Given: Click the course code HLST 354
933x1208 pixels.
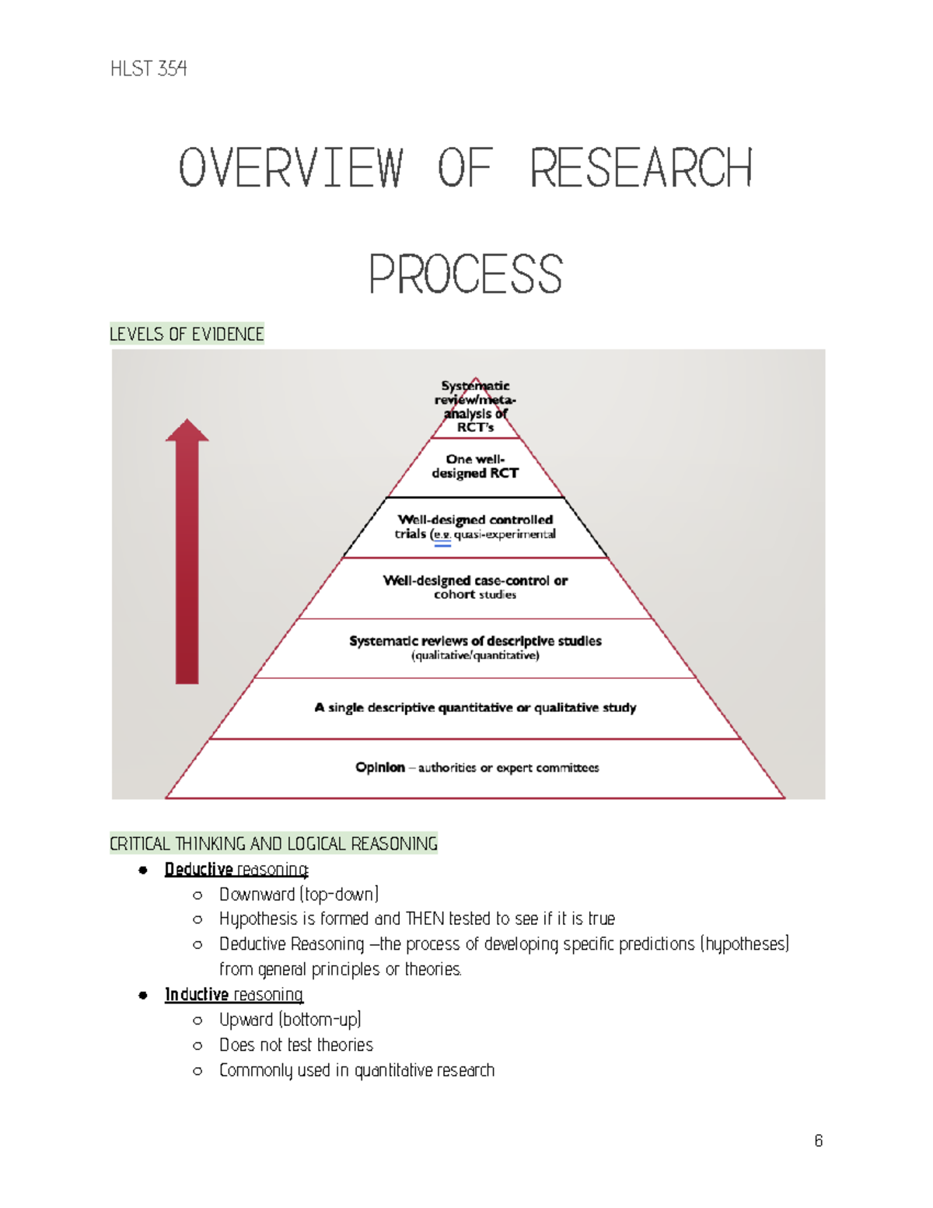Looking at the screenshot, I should (x=149, y=69).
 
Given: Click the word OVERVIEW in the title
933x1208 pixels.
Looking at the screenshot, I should (x=291, y=168).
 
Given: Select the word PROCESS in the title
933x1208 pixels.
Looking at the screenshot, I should (x=465, y=275).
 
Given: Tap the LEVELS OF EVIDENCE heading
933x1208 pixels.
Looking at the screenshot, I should (x=187, y=334).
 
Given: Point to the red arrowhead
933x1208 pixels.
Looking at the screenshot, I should (x=187, y=430).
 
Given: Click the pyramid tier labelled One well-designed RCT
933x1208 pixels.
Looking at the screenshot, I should (x=475, y=466).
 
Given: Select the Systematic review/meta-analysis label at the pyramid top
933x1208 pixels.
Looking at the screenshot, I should (x=475, y=406).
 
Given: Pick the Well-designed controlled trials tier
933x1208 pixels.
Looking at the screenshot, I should (x=475, y=527).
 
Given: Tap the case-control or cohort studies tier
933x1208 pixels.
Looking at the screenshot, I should (x=475, y=587).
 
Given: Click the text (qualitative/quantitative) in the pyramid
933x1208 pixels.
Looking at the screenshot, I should (x=475, y=656).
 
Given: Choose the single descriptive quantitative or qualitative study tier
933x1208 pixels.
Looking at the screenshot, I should (x=475, y=708).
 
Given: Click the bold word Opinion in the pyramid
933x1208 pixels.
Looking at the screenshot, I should (x=380, y=768).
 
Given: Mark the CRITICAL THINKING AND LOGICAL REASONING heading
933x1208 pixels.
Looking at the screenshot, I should (x=274, y=844).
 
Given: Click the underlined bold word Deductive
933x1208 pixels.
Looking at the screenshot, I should (x=198, y=870).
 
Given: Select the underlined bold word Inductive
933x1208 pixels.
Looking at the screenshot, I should (x=197, y=995).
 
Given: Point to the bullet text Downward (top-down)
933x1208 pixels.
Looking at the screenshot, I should (x=299, y=895).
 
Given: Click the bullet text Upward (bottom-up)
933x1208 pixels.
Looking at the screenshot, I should (x=290, y=1020).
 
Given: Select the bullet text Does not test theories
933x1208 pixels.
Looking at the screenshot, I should (x=295, y=1045).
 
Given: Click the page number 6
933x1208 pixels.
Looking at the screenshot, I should (x=818, y=1141).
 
